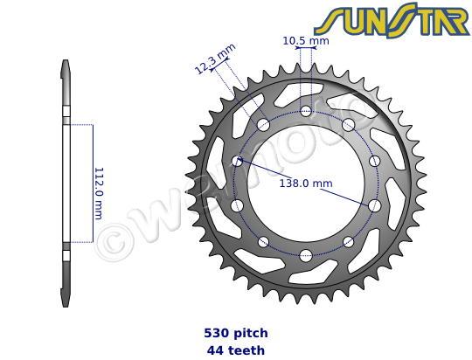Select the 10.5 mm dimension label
(306, 40)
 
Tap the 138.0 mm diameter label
(305, 183)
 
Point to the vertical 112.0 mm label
(99, 192)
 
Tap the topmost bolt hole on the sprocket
(306, 111)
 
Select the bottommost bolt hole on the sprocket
(305, 255)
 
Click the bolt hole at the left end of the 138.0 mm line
(238, 162)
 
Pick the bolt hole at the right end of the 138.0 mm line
(374, 204)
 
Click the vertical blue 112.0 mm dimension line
(92, 183)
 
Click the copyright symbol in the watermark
(112, 240)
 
